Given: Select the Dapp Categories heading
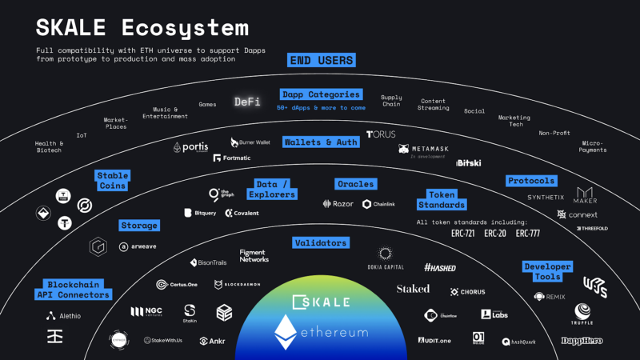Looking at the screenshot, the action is click(321, 94).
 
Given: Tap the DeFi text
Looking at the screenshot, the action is click(247, 102).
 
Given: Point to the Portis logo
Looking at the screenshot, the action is click(191, 147).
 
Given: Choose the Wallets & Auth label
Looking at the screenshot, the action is click(321, 142).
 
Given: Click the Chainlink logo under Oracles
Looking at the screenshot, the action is click(379, 204).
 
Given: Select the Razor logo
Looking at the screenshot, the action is click(338, 204).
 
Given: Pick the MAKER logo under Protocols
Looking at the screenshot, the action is click(586, 196).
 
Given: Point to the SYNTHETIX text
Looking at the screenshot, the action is click(546, 197).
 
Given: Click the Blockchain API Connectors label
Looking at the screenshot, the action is click(72, 289).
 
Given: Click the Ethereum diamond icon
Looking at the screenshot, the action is click(285, 332).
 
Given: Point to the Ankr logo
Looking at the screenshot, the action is click(213, 341).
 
